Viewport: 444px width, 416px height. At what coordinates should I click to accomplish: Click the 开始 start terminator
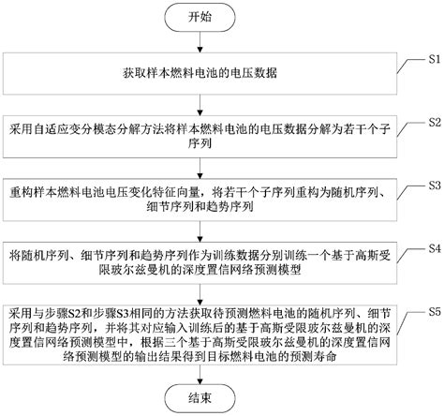tap(200, 16)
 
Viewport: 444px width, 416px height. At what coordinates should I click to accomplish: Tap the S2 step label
tap(433, 123)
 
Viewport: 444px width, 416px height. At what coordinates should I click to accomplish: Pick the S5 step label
tap(433, 309)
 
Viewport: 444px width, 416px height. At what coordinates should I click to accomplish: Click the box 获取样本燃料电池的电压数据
tap(200, 72)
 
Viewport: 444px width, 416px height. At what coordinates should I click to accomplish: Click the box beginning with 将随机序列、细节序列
tap(200, 261)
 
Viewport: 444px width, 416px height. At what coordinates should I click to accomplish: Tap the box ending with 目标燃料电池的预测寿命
tap(200, 339)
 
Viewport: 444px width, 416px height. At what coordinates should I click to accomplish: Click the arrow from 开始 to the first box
tap(200, 41)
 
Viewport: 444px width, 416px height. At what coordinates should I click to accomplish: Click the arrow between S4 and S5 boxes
tap(200, 293)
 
